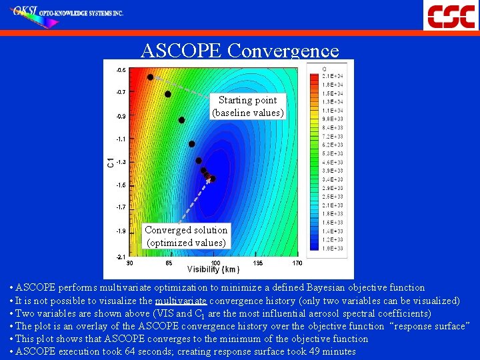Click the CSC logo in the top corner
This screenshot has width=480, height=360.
pyautogui.click(x=451, y=15)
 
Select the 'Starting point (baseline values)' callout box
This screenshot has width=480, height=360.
pyautogui.click(x=247, y=107)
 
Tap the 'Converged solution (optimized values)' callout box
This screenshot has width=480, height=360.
pyautogui.click(x=186, y=236)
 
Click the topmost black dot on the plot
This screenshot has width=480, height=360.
pyautogui.click(x=150, y=77)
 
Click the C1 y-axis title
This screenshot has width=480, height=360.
pyautogui.click(x=110, y=162)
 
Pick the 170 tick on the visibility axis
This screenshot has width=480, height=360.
pyautogui.click(x=297, y=263)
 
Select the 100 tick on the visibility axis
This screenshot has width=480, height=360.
pyautogui.click(x=215, y=263)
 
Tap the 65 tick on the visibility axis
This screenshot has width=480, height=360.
pyautogui.click(x=169, y=263)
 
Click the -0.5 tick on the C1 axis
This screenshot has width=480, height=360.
pyautogui.click(x=121, y=69)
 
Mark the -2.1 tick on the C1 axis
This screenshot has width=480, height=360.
pyautogui.click(x=121, y=256)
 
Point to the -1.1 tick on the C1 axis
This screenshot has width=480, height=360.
pyautogui.click(x=121, y=139)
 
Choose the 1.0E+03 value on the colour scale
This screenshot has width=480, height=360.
pyautogui.click(x=333, y=248)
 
